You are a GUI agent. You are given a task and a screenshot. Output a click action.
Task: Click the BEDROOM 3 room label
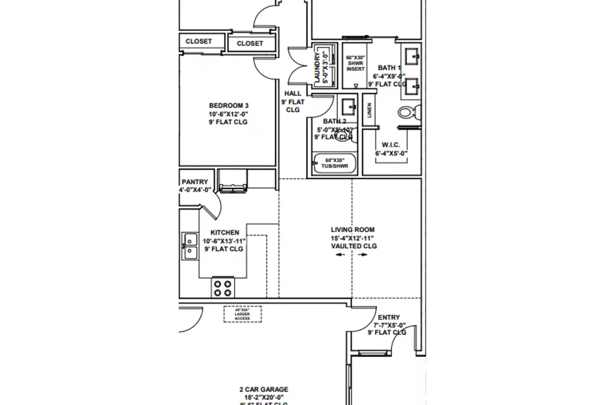pyautogui.click(x=228, y=106)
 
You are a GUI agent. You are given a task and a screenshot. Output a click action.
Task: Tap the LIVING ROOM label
pyautogui.click(x=352, y=230)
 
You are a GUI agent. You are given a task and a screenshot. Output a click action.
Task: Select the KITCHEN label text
pyautogui.click(x=225, y=233)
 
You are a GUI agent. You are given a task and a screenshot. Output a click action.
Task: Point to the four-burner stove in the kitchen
pyautogui.click(x=223, y=288)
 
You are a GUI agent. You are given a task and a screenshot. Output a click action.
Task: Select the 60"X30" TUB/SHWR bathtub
pyautogui.click(x=334, y=163)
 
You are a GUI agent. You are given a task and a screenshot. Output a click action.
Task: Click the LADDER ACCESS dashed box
pyautogui.click(x=243, y=314)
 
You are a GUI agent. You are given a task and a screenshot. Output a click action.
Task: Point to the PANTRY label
pyautogui.click(x=195, y=182)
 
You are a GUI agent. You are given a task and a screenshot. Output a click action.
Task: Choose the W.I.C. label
pyautogui.click(x=391, y=145)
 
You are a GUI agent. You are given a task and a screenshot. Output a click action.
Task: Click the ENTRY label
pyautogui.click(x=389, y=318)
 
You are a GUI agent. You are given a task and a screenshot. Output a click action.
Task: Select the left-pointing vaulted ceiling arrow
pyautogui.click(x=340, y=255)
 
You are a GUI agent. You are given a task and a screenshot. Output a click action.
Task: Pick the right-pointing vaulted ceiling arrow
pyautogui.click(x=363, y=255)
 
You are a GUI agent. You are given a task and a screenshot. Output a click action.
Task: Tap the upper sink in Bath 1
pyautogui.click(x=412, y=57)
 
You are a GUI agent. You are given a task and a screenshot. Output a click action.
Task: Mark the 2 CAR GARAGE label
pyautogui.click(x=264, y=390)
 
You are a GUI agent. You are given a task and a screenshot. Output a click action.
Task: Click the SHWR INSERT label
pyautogui.click(x=355, y=64)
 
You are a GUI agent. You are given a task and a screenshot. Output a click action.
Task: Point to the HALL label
pyautogui.click(x=293, y=93)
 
